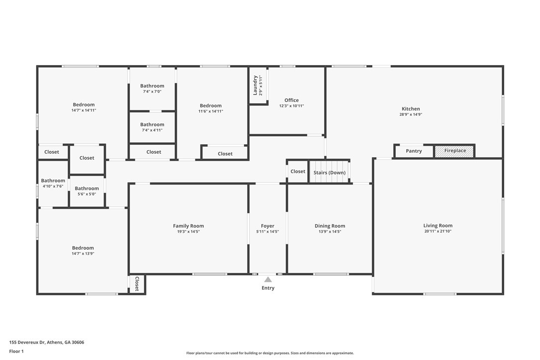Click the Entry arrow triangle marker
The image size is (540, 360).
(268, 279)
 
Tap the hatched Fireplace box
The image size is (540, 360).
(454, 151)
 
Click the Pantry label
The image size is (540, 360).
(414, 151)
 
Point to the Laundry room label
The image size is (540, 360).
(255, 85)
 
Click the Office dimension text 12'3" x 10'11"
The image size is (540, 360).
(291, 106)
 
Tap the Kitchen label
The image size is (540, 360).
(411, 109)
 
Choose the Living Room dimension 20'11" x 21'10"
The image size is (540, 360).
(438, 231)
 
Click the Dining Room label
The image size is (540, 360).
(330, 226)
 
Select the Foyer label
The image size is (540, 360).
(268, 226)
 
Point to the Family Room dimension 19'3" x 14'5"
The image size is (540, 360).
(188, 232)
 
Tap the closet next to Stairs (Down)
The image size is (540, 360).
(298, 172)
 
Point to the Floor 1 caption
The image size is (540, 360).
(16, 351)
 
